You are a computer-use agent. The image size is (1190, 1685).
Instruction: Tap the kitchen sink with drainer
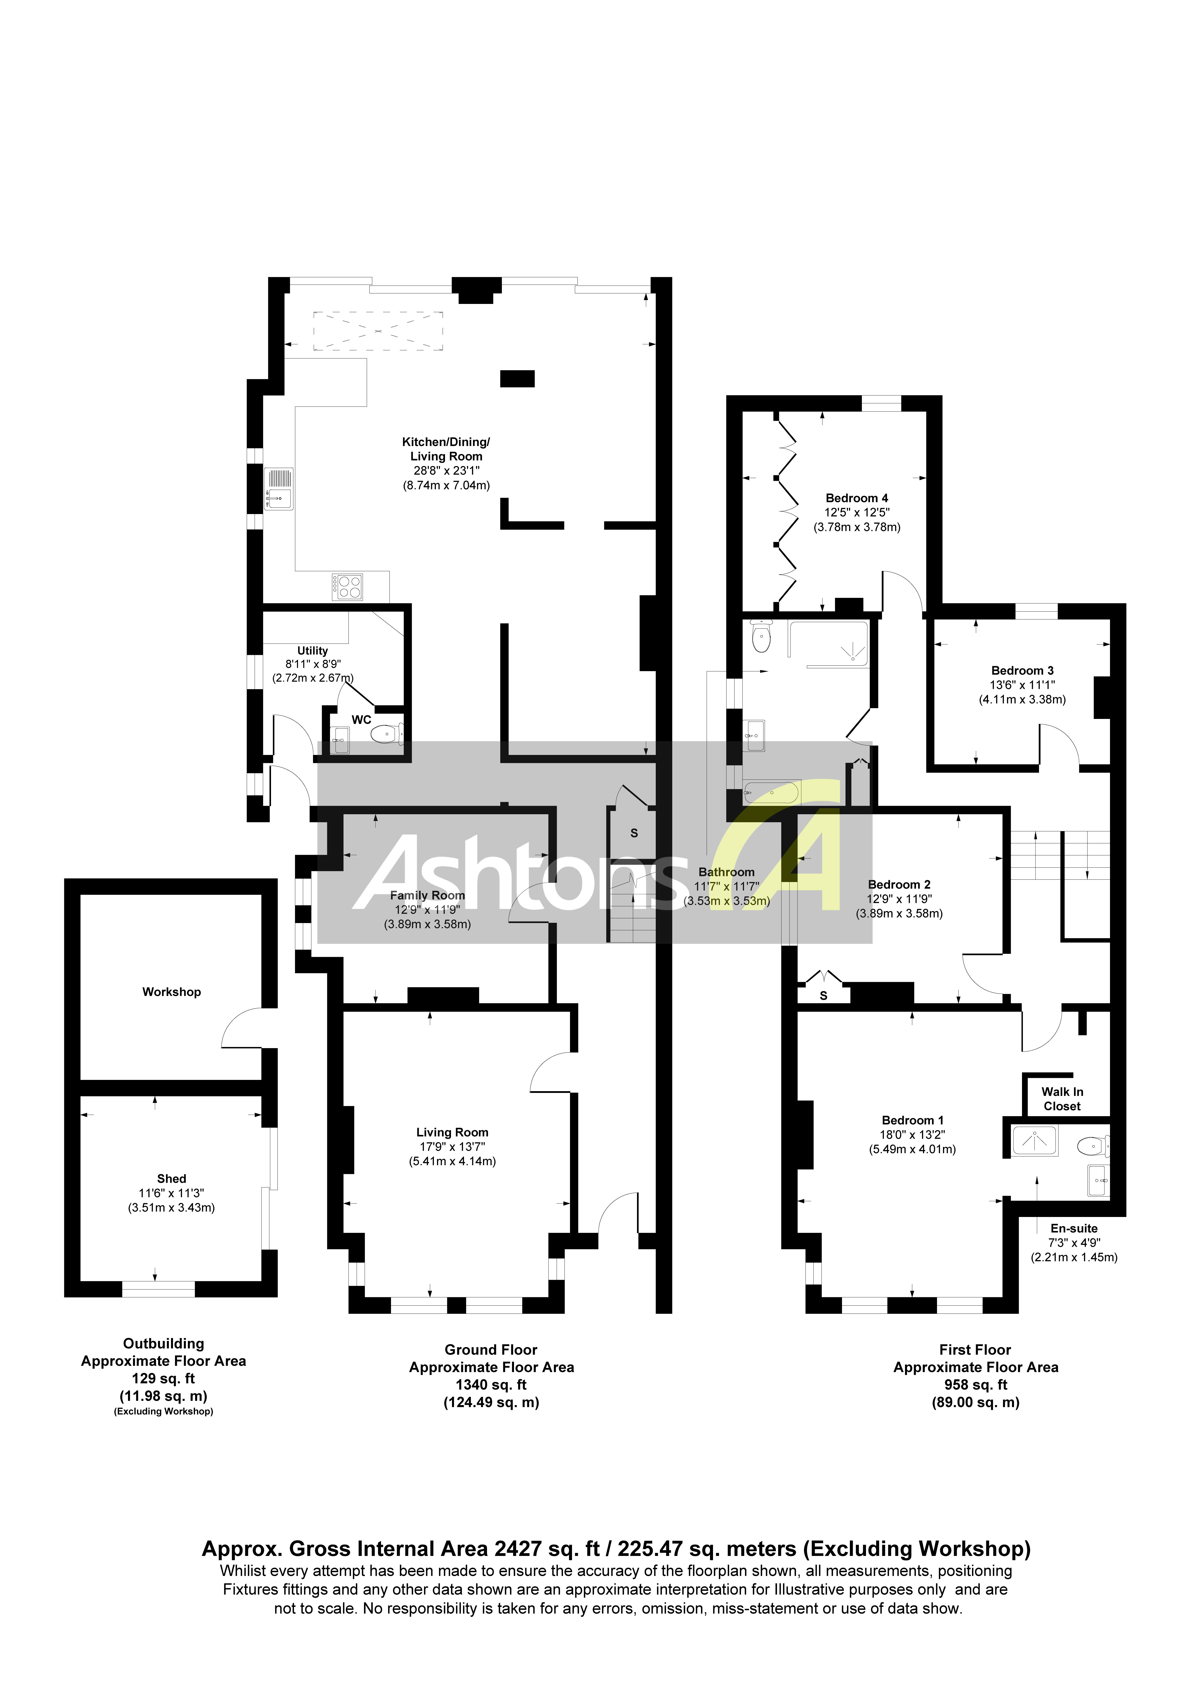click(279, 489)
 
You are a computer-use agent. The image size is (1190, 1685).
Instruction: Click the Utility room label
click(312, 650)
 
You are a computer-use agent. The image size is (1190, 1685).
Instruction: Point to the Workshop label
click(172, 992)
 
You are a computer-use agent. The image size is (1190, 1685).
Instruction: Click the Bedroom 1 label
click(913, 1120)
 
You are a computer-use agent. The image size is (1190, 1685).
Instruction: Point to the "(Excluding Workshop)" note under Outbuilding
click(163, 1411)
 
